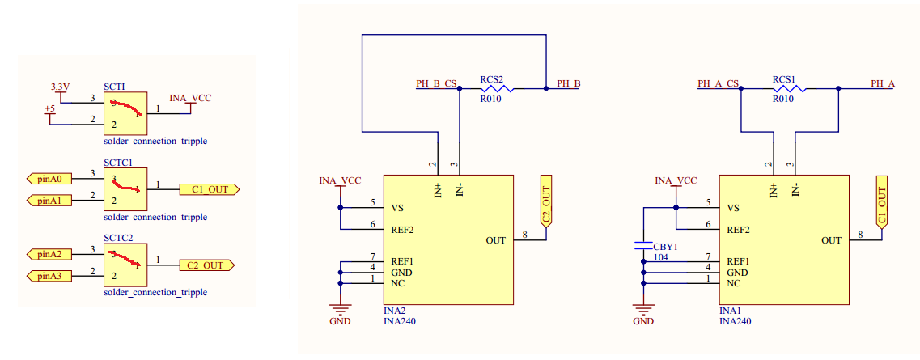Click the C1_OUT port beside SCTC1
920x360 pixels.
point(209,189)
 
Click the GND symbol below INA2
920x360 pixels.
point(340,310)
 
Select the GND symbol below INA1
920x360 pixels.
point(643,310)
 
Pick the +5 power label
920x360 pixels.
point(49,109)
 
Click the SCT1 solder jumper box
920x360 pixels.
point(125,113)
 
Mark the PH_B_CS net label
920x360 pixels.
point(435,83)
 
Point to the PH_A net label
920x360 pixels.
point(882,83)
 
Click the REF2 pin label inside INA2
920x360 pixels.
point(402,230)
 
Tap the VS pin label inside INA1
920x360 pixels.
point(733,208)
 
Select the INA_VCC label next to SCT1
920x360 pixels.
point(190,98)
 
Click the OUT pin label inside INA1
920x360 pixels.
point(831,240)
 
